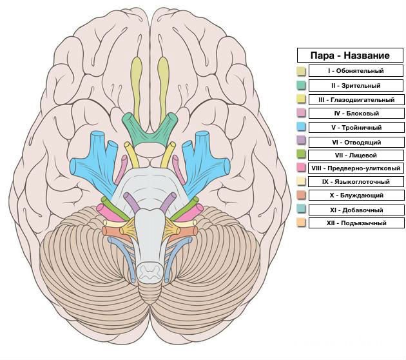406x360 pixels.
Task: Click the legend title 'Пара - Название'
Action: point(351,55)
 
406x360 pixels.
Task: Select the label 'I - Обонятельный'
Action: point(356,71)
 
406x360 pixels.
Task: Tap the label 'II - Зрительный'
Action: point(356,85)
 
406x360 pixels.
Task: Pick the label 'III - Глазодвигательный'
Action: point(356,100)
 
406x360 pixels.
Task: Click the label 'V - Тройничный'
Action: point(356,128)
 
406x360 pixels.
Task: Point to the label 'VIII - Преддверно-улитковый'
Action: point(356,168)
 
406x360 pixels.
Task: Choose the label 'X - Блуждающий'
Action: point(356,195)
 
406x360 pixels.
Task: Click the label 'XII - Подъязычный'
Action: point(356,223)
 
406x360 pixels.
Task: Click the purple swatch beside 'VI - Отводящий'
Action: point(301,141)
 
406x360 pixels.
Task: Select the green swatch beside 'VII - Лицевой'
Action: point(301,155)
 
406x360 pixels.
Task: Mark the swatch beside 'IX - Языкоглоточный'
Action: point(301,182)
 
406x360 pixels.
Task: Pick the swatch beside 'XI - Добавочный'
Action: point(301,210)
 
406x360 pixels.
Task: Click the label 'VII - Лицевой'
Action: point(356,155)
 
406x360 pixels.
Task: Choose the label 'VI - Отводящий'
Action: point(356,141)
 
